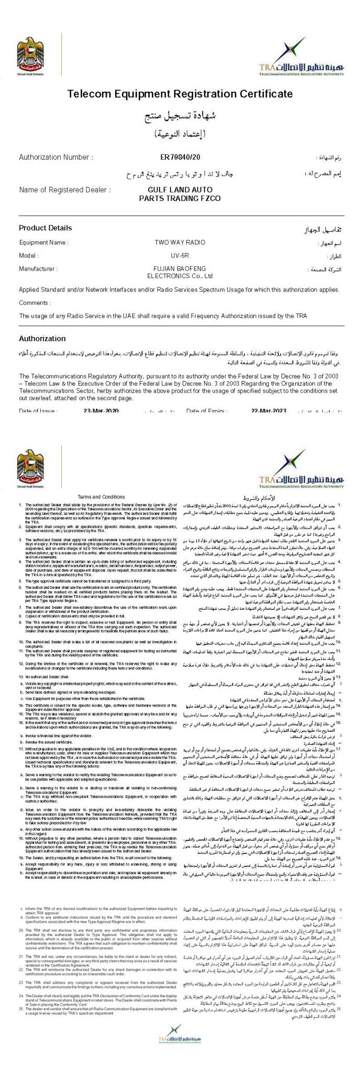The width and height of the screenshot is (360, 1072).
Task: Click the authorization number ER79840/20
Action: pyautogui.click(x=180, y=158)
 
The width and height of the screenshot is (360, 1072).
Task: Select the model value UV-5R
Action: pyautogui.click(x=180, y=255)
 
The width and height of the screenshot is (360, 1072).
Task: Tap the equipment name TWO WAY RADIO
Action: pyautogui.click(x=180, y=243)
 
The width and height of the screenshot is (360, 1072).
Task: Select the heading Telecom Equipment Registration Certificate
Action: pyautogui.click(x=180, y=94)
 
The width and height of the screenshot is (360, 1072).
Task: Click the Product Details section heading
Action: pyautogui.click(x=46, y=228)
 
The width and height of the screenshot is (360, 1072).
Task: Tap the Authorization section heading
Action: pyautogui.click(x=42, y=339)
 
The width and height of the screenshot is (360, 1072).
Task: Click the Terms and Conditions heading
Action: pyautogui.click(x=101, y=497)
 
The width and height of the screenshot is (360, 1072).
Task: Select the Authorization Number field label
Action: pyautogui.click(x=56, y=158)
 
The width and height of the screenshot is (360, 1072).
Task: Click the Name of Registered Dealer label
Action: pyautogui.click(x=65, y=189)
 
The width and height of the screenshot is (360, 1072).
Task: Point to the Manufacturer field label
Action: pyautogui.click(x=38, y=269)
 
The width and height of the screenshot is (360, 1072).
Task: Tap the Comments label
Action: pyautogui.click(x=35, y=303)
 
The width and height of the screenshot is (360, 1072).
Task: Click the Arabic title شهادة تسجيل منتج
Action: pyautogui.click(x=180, y=116)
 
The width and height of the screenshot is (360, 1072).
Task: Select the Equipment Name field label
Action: pyautogui.click(x=43, y=243)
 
